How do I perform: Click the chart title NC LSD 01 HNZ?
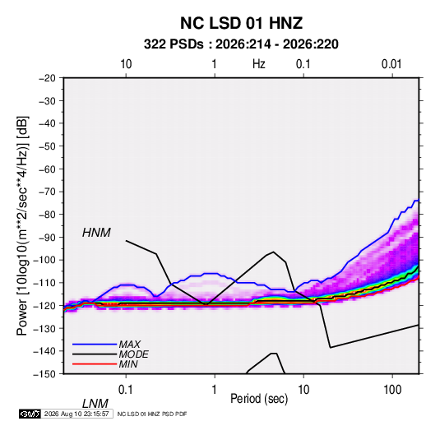241,23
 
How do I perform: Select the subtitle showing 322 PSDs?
241,44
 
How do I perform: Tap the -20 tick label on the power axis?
47,78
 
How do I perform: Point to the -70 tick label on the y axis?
47,192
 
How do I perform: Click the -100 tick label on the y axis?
44,260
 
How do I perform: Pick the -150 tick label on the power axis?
44,374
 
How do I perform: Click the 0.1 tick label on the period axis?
126,390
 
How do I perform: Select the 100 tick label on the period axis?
392,390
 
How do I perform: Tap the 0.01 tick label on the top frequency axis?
391,64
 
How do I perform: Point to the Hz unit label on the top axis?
259,64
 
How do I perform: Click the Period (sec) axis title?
259,399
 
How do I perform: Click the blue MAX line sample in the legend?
95,345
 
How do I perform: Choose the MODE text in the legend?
133,354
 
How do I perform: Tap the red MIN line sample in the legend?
95,364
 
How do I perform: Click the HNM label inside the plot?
96,233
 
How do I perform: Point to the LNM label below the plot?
95,404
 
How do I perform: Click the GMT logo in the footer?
30,414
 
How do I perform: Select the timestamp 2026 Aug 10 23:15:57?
76,414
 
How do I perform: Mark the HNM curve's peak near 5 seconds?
273,252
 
